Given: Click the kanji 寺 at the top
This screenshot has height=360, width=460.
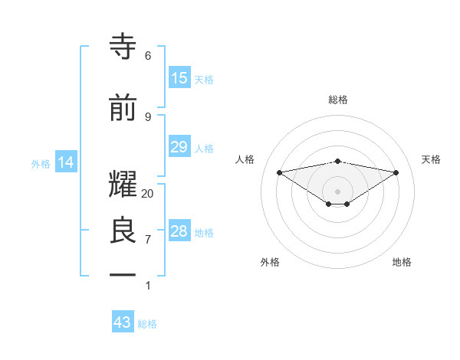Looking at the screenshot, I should (x=123, y=47).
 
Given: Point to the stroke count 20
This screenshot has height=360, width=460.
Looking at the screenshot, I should (x=148, y=193).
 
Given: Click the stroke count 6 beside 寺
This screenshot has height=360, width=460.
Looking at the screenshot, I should (x=148, y=55).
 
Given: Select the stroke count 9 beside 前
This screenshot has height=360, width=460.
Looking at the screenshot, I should (x=148, y=116).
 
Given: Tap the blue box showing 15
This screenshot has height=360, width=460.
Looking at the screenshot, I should (x=179, y=78).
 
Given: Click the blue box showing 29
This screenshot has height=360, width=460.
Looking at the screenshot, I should (x=179, y=147).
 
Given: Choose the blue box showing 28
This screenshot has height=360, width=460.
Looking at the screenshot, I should (x=179, y=231).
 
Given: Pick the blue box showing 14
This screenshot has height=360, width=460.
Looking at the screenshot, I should (x=66, y=162).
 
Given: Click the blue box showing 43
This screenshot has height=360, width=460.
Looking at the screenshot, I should (x=123, y=322).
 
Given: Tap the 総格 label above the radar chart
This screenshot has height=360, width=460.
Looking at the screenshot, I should (x=338, y=100).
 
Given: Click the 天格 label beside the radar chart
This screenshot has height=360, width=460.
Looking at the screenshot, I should (x=432, y=159).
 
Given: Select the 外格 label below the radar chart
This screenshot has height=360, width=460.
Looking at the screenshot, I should (x=270, y=262).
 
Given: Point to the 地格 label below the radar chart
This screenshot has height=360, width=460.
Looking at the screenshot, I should (x=402, y=262).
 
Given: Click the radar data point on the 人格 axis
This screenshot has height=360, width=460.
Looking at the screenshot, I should (x=280, y=172).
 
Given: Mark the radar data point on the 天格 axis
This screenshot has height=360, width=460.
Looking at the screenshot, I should (x=396, y=172).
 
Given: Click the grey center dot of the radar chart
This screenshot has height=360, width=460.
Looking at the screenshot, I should (x=338, y=191).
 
